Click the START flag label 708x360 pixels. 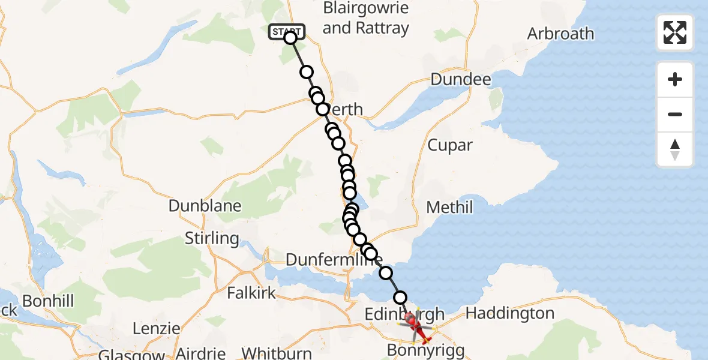coord(287,31)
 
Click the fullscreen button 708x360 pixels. coord(675,32)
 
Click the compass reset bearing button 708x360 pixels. coord(675,149)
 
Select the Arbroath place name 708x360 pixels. coord(560,34)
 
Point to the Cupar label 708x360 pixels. coord(450,145)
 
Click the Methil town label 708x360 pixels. coord(449,208)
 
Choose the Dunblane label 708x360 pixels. coord(205,206)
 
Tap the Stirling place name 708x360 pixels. coord(212,238)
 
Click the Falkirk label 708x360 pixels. coord(251,293)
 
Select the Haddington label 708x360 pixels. coord(509,313)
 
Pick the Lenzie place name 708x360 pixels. coord(157,329)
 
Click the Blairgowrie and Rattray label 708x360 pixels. coord(365,18)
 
